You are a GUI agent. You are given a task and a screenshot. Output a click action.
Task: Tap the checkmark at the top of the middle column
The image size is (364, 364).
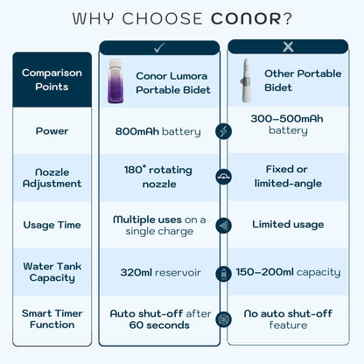[x=158, y=48]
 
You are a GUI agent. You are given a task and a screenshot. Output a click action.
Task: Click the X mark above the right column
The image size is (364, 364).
[x=289, y=47]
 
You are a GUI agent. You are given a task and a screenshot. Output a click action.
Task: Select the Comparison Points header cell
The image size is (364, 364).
[x=52, y=80]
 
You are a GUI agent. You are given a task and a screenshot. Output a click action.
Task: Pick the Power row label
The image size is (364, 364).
[x=52, y=131]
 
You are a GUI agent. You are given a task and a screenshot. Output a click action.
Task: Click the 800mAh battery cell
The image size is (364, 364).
[x=159, y=131]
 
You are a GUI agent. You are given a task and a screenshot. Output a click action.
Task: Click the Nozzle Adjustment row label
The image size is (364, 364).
[x=52, y=178]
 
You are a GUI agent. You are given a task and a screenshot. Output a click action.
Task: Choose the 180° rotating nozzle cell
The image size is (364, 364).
[x=158, y=178]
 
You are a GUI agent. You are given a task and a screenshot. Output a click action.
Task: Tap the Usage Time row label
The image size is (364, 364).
[x=52, y=225]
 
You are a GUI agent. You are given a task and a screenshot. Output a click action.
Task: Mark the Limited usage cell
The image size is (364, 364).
[x=288, y=225]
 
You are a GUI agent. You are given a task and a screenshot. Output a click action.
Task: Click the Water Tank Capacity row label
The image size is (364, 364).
[x=52, y=272]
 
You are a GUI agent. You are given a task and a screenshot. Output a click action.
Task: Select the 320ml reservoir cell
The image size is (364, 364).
[x=160, y=272]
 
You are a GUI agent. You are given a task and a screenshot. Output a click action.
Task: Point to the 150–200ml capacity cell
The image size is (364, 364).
[x=288, y=272]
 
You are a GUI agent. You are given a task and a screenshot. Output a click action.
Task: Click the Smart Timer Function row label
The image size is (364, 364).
[x=52, y=318]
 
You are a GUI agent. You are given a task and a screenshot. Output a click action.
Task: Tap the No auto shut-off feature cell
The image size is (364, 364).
[x=288, y=318]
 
